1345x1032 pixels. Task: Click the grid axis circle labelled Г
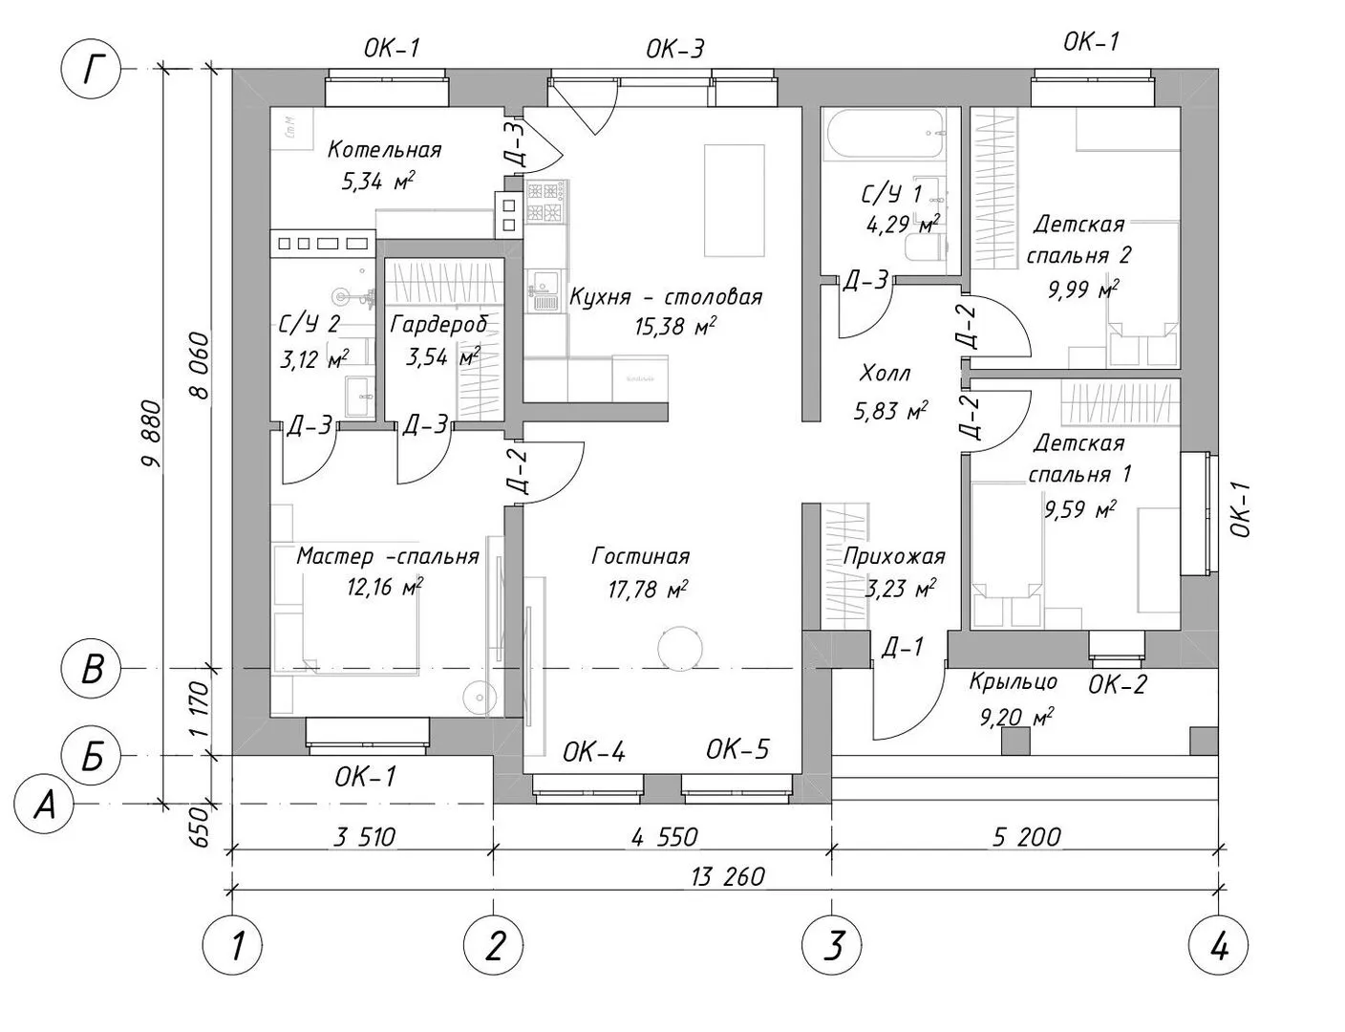(x=92, y=69)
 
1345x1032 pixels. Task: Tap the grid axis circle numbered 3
(x=833, y=946)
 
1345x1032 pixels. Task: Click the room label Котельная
(x=384, y=149)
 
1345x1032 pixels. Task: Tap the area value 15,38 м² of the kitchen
(x=675, y=327)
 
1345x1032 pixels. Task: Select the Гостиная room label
(x=640, y=556)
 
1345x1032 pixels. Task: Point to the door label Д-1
(x=902, y=648)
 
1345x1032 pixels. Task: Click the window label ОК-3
(x=674, y=50)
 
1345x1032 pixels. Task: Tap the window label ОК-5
(x=737, y=750)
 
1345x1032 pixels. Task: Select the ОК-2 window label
(x=1118, y=684)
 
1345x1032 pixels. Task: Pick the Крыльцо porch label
(x=1013, y=681)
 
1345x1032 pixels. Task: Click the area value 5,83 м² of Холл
(x=890, y=412)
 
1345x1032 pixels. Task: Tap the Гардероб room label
(x=439, y=324)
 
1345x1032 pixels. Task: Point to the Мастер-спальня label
(x=387, y=556)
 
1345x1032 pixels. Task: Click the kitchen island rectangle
(x=734, y=201)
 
